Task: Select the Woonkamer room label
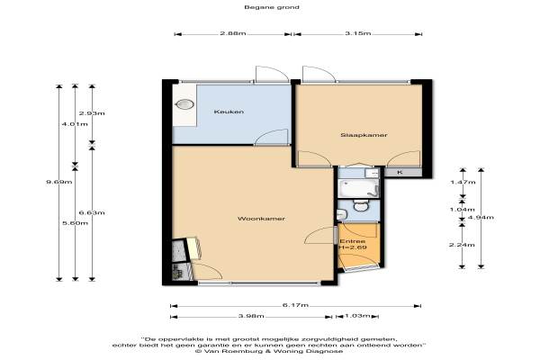click(261, 219)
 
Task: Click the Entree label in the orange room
click(352, 241)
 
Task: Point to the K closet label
click(400, 172)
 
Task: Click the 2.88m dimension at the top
click(233, 33)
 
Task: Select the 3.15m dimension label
click(358, 33)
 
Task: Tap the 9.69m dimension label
click(58, 182)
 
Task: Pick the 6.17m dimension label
click(295, 305)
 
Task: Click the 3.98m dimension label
click(251, 316)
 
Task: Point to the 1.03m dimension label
click(357, 316)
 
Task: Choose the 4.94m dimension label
click(481, 217)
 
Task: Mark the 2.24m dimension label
click(462, 245)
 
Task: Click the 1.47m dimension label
click(463, 182)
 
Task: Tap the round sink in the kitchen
click(184, 104)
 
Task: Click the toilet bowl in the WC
click(361, 207)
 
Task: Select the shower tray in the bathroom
click(358, 188)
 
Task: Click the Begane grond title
click(272, 7)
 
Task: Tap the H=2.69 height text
click(353, 247)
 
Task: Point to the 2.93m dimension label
click(92, 113)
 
